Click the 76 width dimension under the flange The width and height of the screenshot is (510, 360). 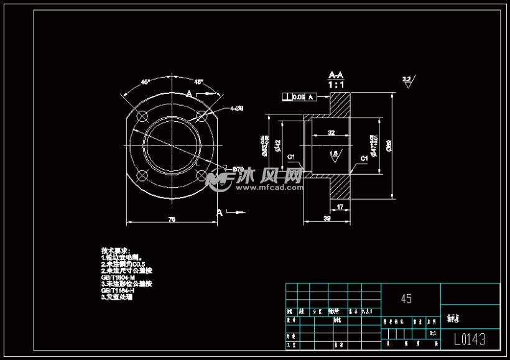[172, 219]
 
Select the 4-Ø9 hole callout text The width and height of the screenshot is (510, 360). [236, 108]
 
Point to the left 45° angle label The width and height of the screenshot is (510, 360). [145, 82]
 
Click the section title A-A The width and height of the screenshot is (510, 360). [336, 75]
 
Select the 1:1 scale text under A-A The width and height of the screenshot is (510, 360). [336, 84]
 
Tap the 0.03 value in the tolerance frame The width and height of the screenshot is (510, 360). [299, 97]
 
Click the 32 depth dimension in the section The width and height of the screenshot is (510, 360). [331, 132]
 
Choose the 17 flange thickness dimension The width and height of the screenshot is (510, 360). [340, 206]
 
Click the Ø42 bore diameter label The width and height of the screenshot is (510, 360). [278, 145]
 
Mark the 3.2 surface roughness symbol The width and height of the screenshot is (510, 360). [407, 80]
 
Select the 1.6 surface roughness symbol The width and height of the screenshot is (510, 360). [334, 154]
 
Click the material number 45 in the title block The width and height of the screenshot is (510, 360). [406, 299]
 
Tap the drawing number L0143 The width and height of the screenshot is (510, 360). [470, 339]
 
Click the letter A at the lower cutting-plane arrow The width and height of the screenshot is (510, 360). [219, 212]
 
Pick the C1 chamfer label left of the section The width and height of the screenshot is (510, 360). [291, 157]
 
